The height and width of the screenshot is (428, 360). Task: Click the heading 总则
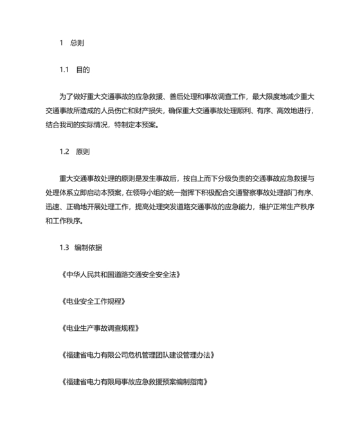pyautogui.click(x=78, y=43)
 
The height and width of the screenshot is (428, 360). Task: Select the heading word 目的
pyautogui.click(x=83, y=70)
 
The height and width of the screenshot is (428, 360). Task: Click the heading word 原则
pyautogui.click(x=83, y=152)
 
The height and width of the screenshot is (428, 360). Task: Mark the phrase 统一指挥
pyautogui.click(x=186, y=193)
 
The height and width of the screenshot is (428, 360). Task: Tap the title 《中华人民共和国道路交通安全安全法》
pyautogui.click(x=120, y=274)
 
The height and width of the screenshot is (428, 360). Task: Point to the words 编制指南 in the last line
pyautogui.click(x=194, y=381)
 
